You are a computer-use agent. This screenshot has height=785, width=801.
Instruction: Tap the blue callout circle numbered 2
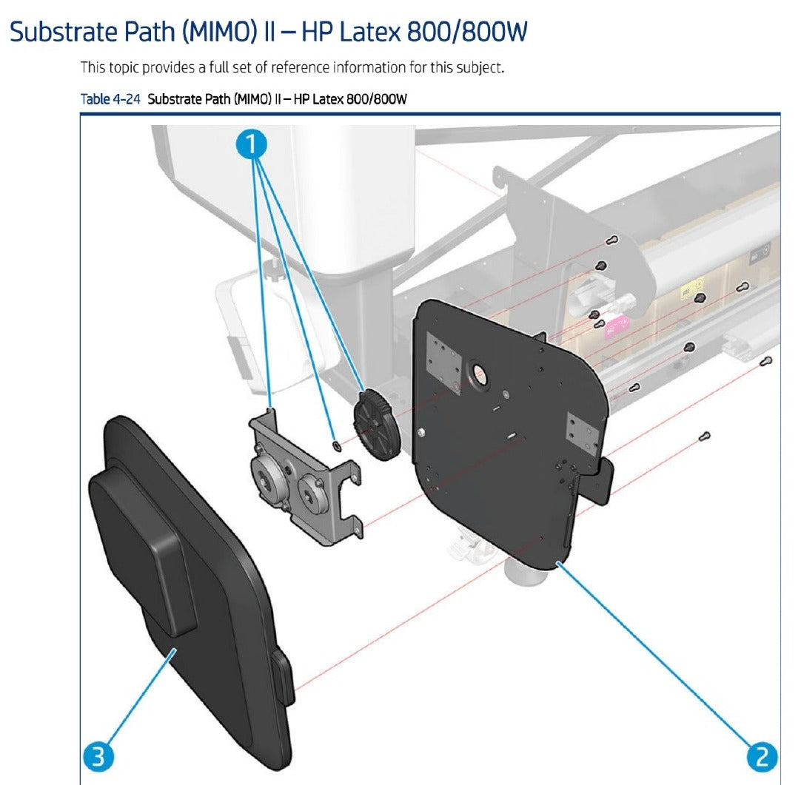(x=761, y=757)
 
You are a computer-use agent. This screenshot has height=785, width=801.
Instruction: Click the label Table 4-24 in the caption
(x=110, y=100)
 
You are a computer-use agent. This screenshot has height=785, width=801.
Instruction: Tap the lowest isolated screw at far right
(x=706, y=436)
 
